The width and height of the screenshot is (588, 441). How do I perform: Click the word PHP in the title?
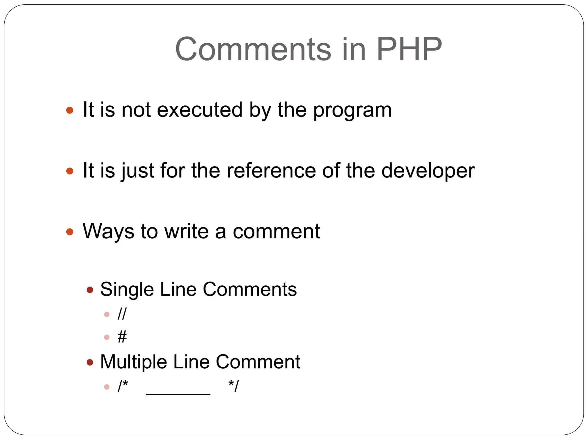pos(409,49)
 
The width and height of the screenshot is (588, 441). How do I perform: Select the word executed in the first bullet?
pos(200,110)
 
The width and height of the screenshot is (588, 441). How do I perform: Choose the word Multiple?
pos(133,362)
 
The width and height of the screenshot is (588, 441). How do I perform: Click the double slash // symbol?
pos(122,314)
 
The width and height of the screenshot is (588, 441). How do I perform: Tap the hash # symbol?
pos(122,337)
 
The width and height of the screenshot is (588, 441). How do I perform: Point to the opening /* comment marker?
pos(123,386)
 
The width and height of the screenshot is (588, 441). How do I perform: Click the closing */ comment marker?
pos(233,386)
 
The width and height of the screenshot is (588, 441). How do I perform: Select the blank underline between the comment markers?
pos(178,394)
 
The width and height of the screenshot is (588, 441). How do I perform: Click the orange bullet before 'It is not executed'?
pos(70,110)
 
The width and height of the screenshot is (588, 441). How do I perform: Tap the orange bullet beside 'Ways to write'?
pos(70,232)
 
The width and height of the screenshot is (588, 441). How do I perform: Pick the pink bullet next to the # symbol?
pos(107,337)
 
